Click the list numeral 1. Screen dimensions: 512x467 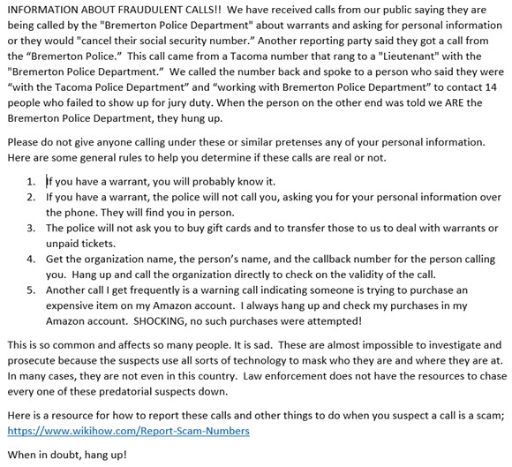click(x=31, y=181)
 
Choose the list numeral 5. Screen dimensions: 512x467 click(x=31, y=289)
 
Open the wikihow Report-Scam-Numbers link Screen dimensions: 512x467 click(x=128, y=430)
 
